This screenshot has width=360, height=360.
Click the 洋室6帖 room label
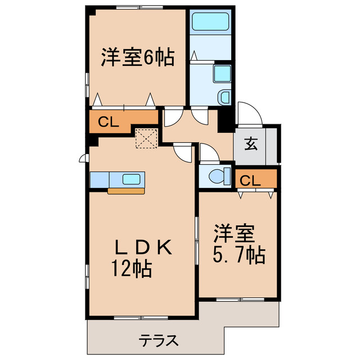coord(137,58)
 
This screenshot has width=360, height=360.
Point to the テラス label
coord(159,340)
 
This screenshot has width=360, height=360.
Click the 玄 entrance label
coord(250,144)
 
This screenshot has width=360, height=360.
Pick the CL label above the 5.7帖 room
coord(249,181)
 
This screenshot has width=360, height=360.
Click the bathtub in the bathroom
coord(209,22)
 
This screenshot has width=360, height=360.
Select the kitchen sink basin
coord(133,179)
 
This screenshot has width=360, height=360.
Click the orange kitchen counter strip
coord(126,191)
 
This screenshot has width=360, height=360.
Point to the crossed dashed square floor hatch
coord(147,138)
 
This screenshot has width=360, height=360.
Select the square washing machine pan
coord(222,73)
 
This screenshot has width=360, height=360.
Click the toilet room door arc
coord(206,154)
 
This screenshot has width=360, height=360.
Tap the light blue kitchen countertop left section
coord(100,179)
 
